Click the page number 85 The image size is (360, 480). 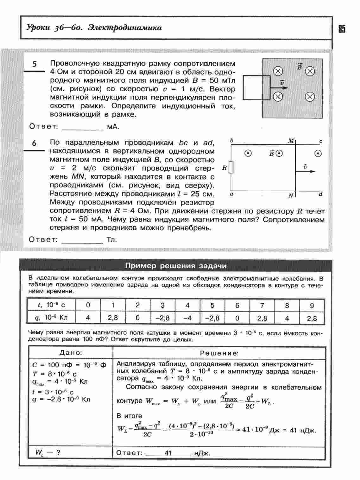coord(342,29)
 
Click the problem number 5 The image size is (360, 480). coord(35,64)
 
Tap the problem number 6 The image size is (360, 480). coord(34,143)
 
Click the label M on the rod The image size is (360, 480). coord(291,141)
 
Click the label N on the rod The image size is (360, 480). coord(290,196)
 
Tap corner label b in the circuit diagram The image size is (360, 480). coord(232,141)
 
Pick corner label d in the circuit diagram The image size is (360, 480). coord(320,194)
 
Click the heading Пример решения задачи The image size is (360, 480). coord(176,266)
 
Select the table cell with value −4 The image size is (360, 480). coord(187,318)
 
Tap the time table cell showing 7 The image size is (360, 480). coord(262,306)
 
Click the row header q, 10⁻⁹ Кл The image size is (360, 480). coord(51,318)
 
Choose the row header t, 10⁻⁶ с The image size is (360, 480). coord(51,306)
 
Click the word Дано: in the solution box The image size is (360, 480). coord(71,353)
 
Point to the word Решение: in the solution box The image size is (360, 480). coord(219,353)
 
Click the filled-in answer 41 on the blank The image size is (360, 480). coord(168,453)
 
